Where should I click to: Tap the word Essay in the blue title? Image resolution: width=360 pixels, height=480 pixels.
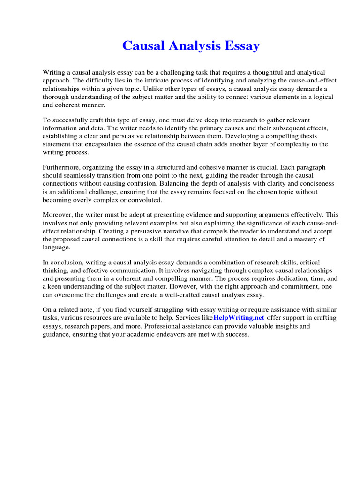pos(240,46)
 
